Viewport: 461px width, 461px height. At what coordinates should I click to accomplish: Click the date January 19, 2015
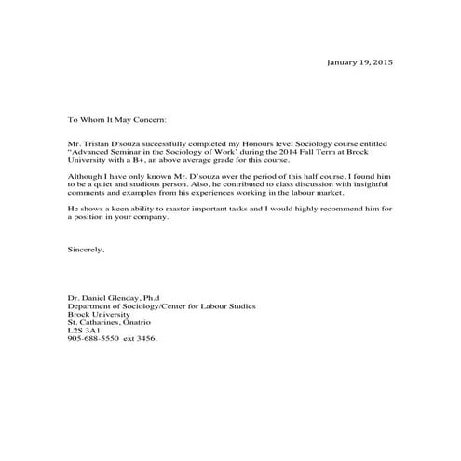[359, 62]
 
